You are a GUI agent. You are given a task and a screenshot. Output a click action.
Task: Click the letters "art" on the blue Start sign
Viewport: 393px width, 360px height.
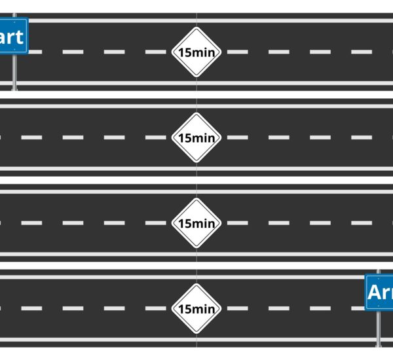pyautogui.click(x=11, y=37)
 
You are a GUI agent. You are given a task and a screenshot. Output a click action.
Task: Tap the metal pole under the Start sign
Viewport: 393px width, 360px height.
pyautogui.click(x=14, y=72)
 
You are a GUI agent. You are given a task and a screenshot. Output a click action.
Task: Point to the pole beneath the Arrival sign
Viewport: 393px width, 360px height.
pyautogui.click(x=378, y=327)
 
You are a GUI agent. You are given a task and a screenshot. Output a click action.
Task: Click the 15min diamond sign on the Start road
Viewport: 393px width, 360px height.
pyautogui.click(x=196, y=52)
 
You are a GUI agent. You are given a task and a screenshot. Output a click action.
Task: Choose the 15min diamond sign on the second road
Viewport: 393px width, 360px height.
pyautogui.click(x=196, y=137)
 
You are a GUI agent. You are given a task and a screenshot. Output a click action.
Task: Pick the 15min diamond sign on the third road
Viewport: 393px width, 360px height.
pyautogui.click(x=196, y=223)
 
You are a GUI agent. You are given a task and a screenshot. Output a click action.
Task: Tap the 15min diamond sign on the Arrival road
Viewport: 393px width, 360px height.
pyautogui.click(x=196, y=308)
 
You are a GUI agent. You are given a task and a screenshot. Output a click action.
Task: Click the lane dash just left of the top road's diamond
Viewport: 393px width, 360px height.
pyautogui.click(x=155, y=52)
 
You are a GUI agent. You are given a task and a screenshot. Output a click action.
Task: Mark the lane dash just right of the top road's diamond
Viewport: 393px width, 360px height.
pyautogui.click(x=237, y=52)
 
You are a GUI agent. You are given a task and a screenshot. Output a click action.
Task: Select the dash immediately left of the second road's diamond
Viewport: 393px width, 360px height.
pyautogui.click(x=155, y=137)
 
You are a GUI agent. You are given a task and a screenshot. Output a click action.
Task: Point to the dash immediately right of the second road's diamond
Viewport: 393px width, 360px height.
pyautogui.click(x=237, y=137)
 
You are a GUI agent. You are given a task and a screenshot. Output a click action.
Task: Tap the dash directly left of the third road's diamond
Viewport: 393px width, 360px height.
pyautogui.click(x=155, y=223)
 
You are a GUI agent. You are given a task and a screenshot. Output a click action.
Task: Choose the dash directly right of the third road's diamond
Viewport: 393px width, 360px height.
pyautogui.click(x=237, y=223)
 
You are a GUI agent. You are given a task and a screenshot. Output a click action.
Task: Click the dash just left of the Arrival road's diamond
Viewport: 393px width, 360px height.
pyautogui.click(x=155, y=308)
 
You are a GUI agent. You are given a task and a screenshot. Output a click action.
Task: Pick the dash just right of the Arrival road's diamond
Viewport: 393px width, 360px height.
pyautogui.click(x=237, y=308)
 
